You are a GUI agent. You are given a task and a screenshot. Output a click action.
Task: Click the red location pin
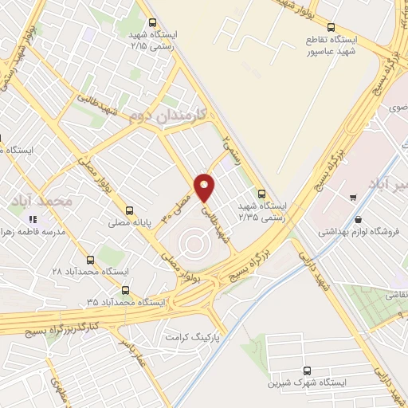[x=205, y=186]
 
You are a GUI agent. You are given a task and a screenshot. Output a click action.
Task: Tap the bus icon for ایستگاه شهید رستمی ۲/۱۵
[x=151, y=23]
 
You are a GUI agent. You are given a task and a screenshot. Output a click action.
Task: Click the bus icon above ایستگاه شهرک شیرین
[x=308, y=369]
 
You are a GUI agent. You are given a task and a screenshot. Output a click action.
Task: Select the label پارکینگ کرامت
[x=191, y=337]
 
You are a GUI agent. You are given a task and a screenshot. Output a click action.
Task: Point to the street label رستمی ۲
[x=230, y=149]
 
